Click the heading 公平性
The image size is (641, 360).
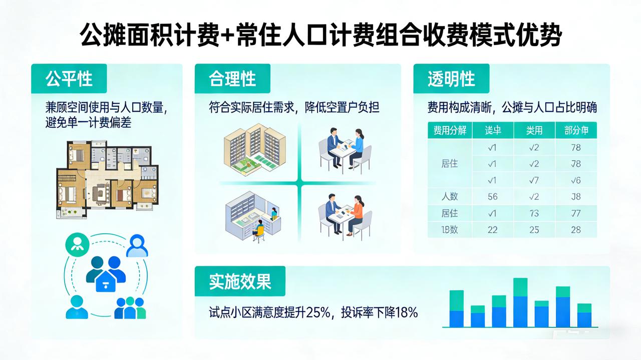click(69, 79)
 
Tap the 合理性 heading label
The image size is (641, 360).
click(232, 79)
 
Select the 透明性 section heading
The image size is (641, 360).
click(451, 79)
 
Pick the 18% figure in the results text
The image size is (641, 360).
click(406, 313)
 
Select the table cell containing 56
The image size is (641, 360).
click(493, 197)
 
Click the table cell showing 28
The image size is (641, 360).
click(576, 230)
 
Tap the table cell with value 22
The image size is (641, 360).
click(493, 230)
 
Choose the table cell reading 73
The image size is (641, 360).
click(534, 213)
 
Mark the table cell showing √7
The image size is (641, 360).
click(534, 180)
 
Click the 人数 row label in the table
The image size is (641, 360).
click(450, 197)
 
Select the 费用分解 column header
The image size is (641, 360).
click(450, 131)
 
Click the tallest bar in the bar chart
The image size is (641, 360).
click(520, 302)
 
